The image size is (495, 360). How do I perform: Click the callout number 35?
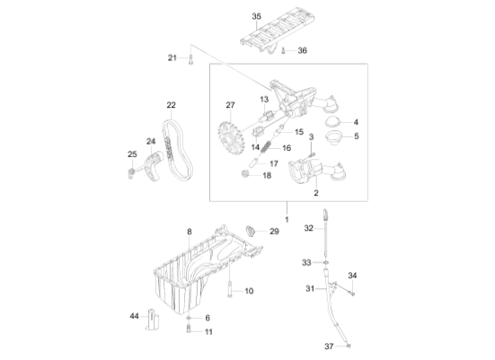pos(256,16)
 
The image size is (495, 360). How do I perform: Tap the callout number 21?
pos(172,58)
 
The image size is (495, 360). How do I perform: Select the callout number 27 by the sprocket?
pos(230,105)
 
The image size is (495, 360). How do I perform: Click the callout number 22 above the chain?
pos(171,105)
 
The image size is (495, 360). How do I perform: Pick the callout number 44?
pos(133,317)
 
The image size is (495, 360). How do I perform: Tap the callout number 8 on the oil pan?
pos(190,233)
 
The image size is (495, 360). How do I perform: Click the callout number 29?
pos(275,232)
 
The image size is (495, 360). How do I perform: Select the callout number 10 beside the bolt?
pos(249,291)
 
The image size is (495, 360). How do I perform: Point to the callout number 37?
pos(329,346)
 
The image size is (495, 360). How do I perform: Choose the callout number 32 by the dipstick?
pos(308,228)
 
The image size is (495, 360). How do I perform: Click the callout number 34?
pos(352,275)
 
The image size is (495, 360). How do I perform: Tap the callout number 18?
pos(266,176)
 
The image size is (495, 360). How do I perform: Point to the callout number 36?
pos(302,50)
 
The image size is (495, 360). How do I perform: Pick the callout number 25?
pos(132,154)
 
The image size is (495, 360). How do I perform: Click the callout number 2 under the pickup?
pos(315,192)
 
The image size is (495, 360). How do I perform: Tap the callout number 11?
pos(208,332)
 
